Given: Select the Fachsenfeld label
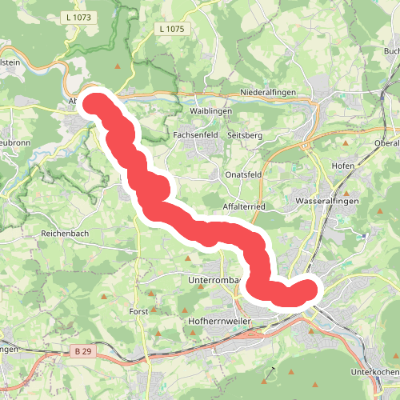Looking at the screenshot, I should point(196,136).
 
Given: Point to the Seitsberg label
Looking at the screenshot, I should point(246,136).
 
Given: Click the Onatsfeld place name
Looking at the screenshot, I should point(242,174).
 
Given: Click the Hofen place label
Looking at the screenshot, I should point(342,165).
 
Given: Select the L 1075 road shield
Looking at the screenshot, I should point(171,30).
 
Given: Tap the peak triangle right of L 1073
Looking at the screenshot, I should point(119,66).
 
